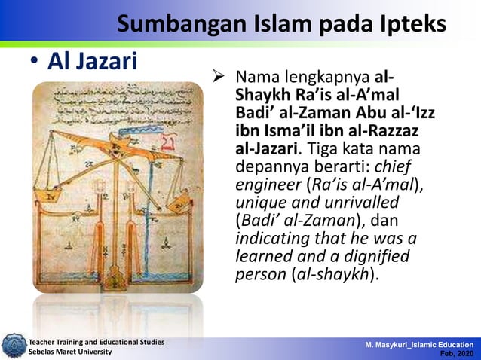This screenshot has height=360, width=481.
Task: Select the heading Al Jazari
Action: pyautogui.click(x=93, y=63)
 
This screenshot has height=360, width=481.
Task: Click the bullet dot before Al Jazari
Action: pyautogui.click(x=35, y=65)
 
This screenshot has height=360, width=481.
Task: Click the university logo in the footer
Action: pyautogui.click(x=13, y=347)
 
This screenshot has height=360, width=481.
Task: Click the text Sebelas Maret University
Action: pyautogui.click(x=70, y=352)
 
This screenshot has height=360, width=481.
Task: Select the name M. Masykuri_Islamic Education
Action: pyautogui.click(x=420, y=343)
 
